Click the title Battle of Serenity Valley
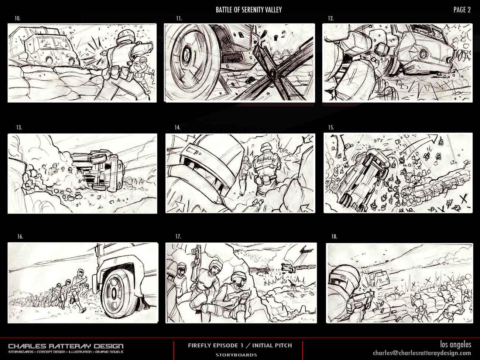tap(248, 10)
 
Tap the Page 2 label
tap(462, 10)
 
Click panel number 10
tap(17, 18)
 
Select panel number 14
tap(177, 128)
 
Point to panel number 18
tap(334, 237)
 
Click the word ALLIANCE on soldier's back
tap(265, 159)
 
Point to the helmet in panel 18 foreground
tap(344, 278)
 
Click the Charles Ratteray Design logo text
tap(66, 346)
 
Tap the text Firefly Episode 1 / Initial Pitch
tap(240, 346)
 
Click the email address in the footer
tap(422, 353)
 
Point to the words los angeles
tap(456, 344)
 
